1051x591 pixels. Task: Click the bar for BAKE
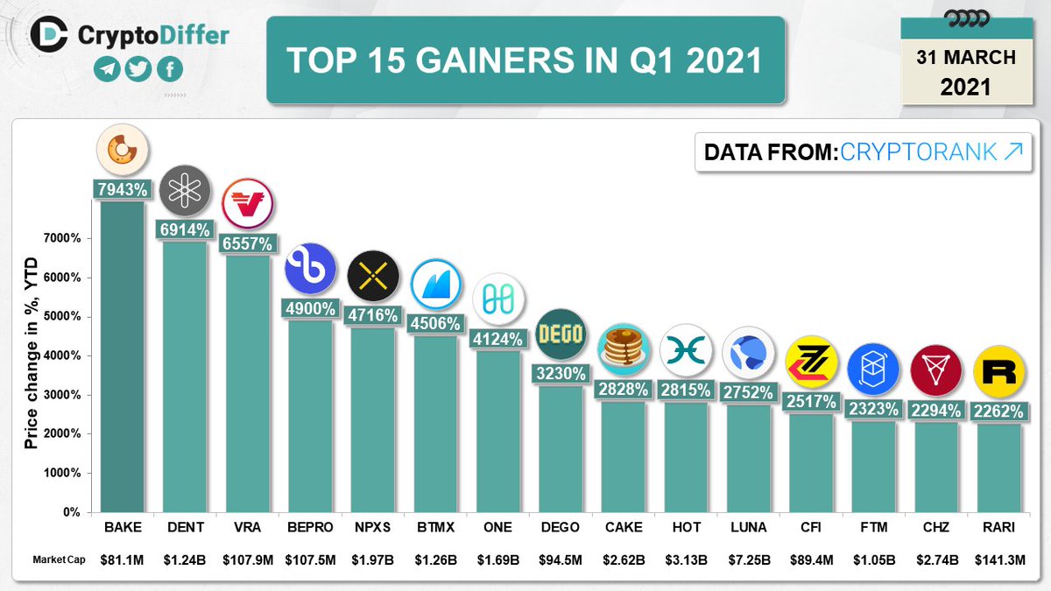click(123, 355)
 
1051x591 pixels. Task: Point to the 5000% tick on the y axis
click(64, 317)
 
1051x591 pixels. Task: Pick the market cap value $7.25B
click(750, 560)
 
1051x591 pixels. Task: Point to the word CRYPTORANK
click(918, 151)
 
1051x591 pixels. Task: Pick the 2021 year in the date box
click(965, 88)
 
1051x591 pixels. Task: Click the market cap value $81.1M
click(123, 560)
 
